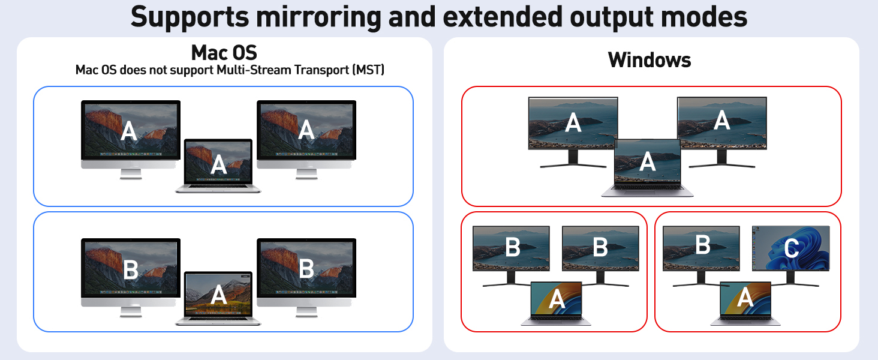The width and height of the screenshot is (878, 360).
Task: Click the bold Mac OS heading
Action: pyautogui.click(x=224, y=53)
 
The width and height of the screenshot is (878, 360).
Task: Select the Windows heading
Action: pyautogui.click(x=650, y=59)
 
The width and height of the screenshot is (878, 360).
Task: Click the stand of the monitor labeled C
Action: pyautogui.click(x=790, y=279)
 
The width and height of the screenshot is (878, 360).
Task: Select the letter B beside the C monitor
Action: pyautogui.click(x=702, y=245)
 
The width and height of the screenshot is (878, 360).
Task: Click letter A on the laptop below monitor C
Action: pyautogui.click(x=745, y=297)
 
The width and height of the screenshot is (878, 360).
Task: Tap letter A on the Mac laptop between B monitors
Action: pyautogui.click(x=218, y=295)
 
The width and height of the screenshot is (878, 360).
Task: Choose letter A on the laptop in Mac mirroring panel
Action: pyautogui.click(x=218, y=164)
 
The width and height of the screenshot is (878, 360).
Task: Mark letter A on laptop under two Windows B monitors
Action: pyautogui.click(x=557, y=298)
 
